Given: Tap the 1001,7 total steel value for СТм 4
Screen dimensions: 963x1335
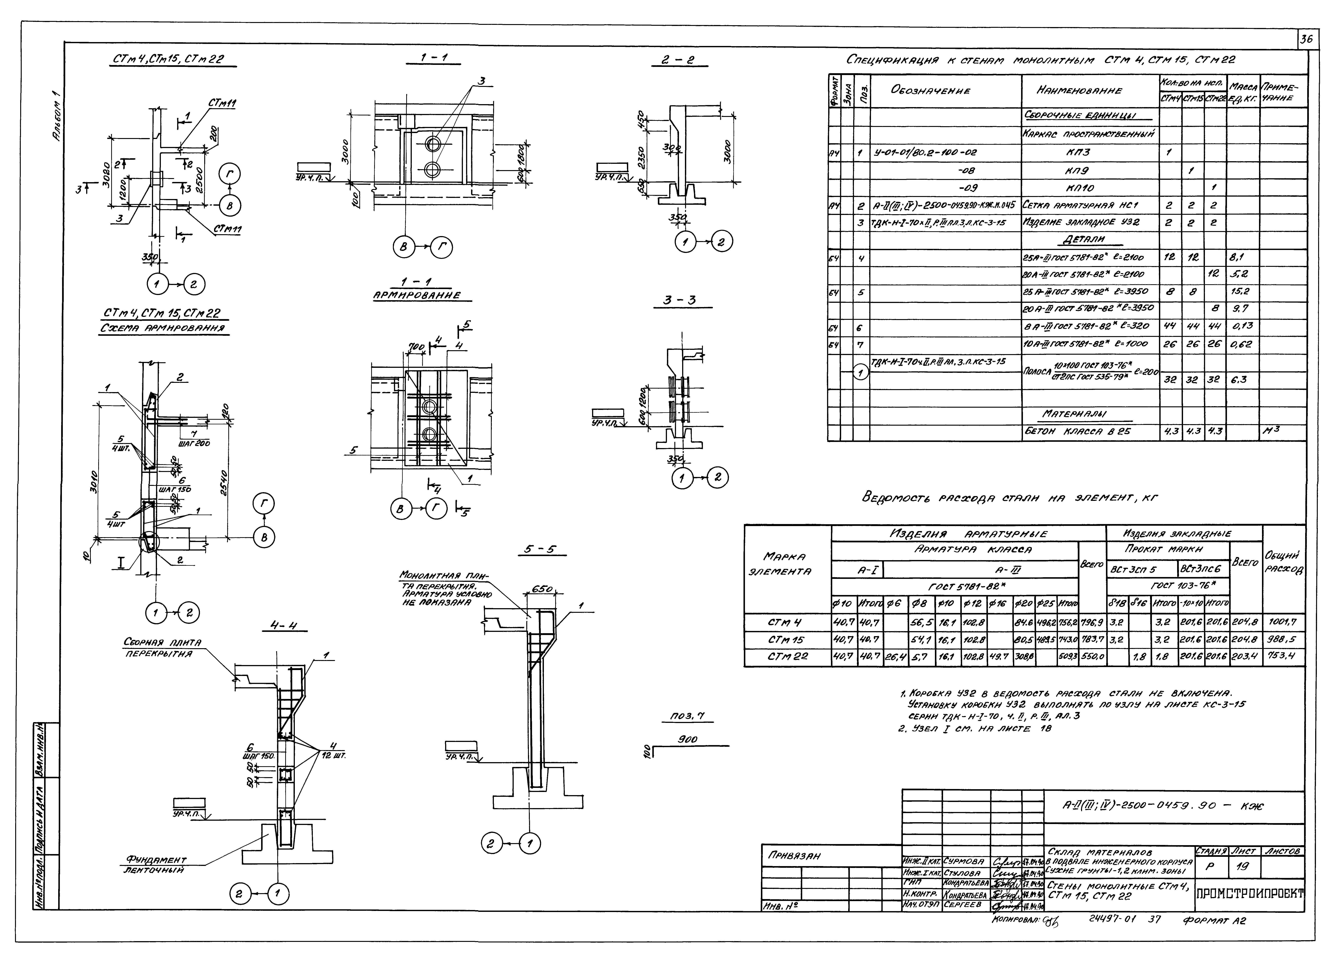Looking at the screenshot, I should point(1283,622).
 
